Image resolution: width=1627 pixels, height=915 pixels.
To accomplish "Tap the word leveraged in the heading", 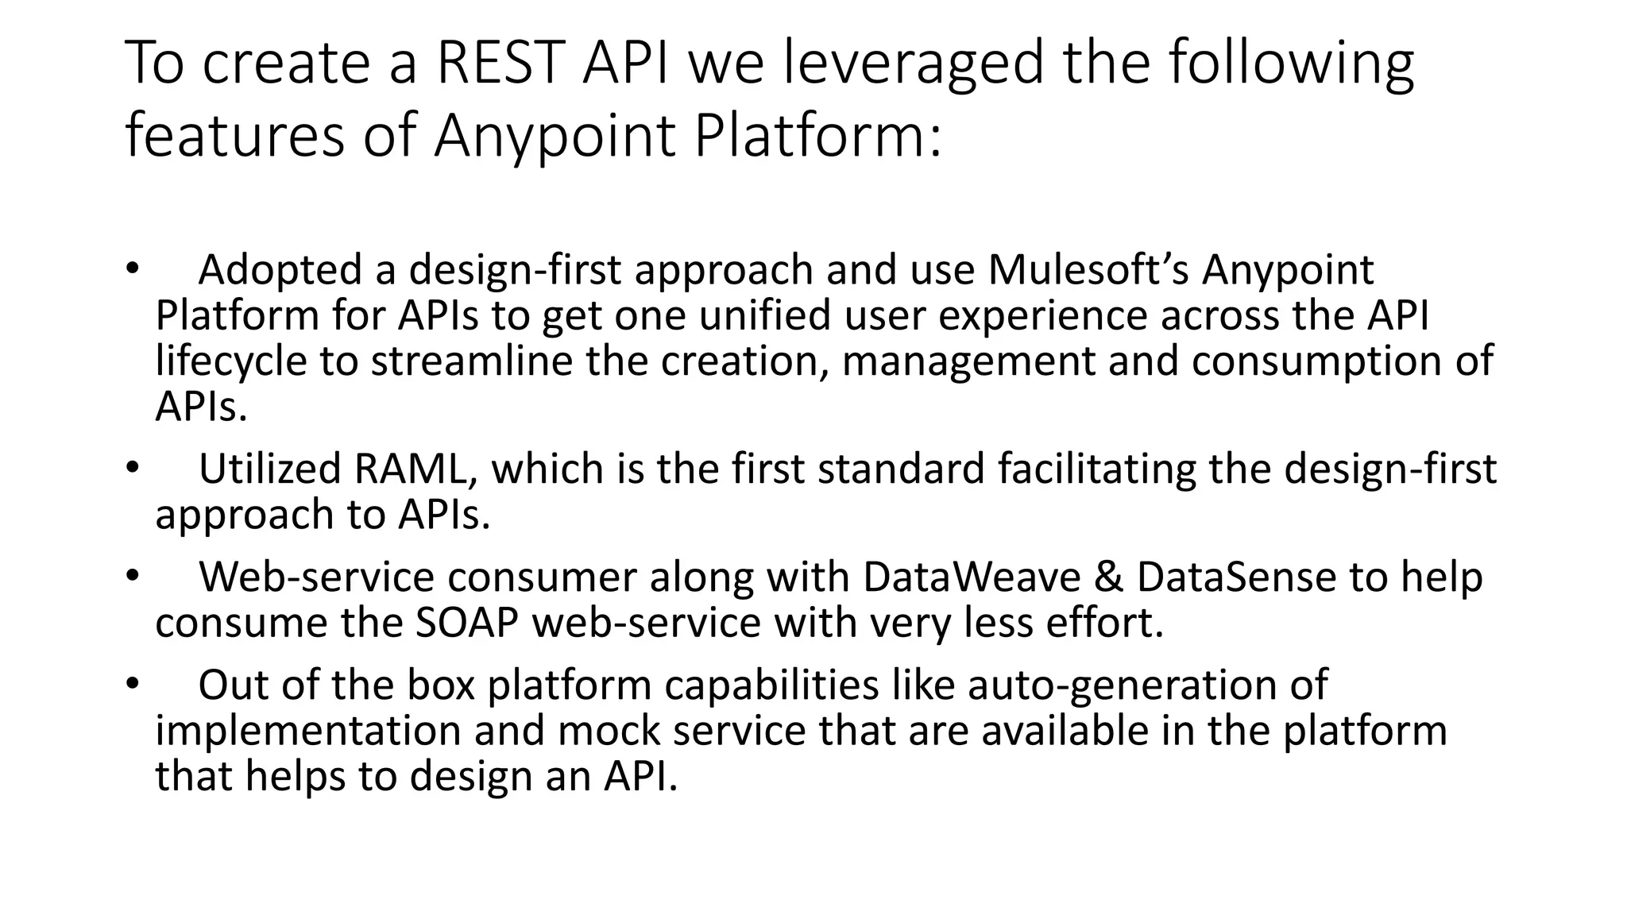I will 913,64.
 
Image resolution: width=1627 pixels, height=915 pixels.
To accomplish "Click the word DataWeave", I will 971,577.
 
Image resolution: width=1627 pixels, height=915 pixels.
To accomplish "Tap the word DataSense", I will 1236,577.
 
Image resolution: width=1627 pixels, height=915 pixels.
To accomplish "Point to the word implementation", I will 308,731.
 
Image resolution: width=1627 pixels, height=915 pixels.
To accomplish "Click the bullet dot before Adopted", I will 132,268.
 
